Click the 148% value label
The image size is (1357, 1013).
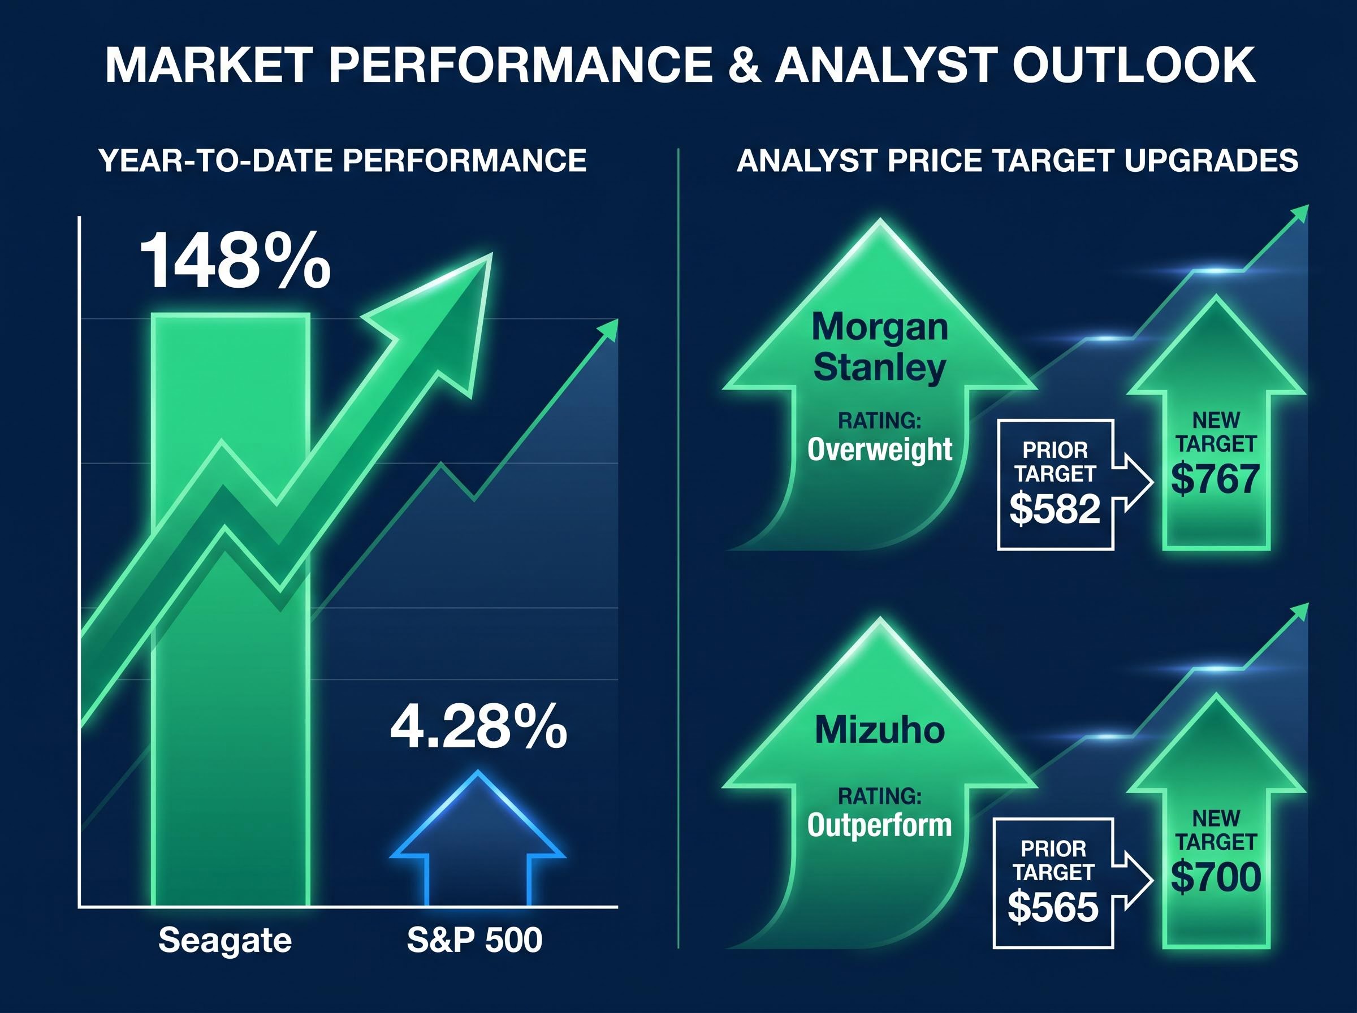235,261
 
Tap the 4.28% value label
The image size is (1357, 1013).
478,728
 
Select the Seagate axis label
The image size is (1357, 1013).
225,940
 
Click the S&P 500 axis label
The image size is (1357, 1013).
474,940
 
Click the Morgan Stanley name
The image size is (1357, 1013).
880,347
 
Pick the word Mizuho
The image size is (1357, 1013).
880,730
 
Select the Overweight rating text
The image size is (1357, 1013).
880,449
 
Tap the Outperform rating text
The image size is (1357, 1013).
880,825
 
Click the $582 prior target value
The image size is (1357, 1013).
1055,509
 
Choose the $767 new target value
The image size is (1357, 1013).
1215,479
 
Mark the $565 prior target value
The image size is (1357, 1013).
1053,907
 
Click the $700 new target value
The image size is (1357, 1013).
1215,877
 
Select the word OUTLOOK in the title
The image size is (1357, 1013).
1133,65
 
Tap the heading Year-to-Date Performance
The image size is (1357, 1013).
342,161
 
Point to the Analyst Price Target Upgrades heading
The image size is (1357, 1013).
1017,161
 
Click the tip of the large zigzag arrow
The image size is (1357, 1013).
491,254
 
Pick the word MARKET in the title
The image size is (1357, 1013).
208,65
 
